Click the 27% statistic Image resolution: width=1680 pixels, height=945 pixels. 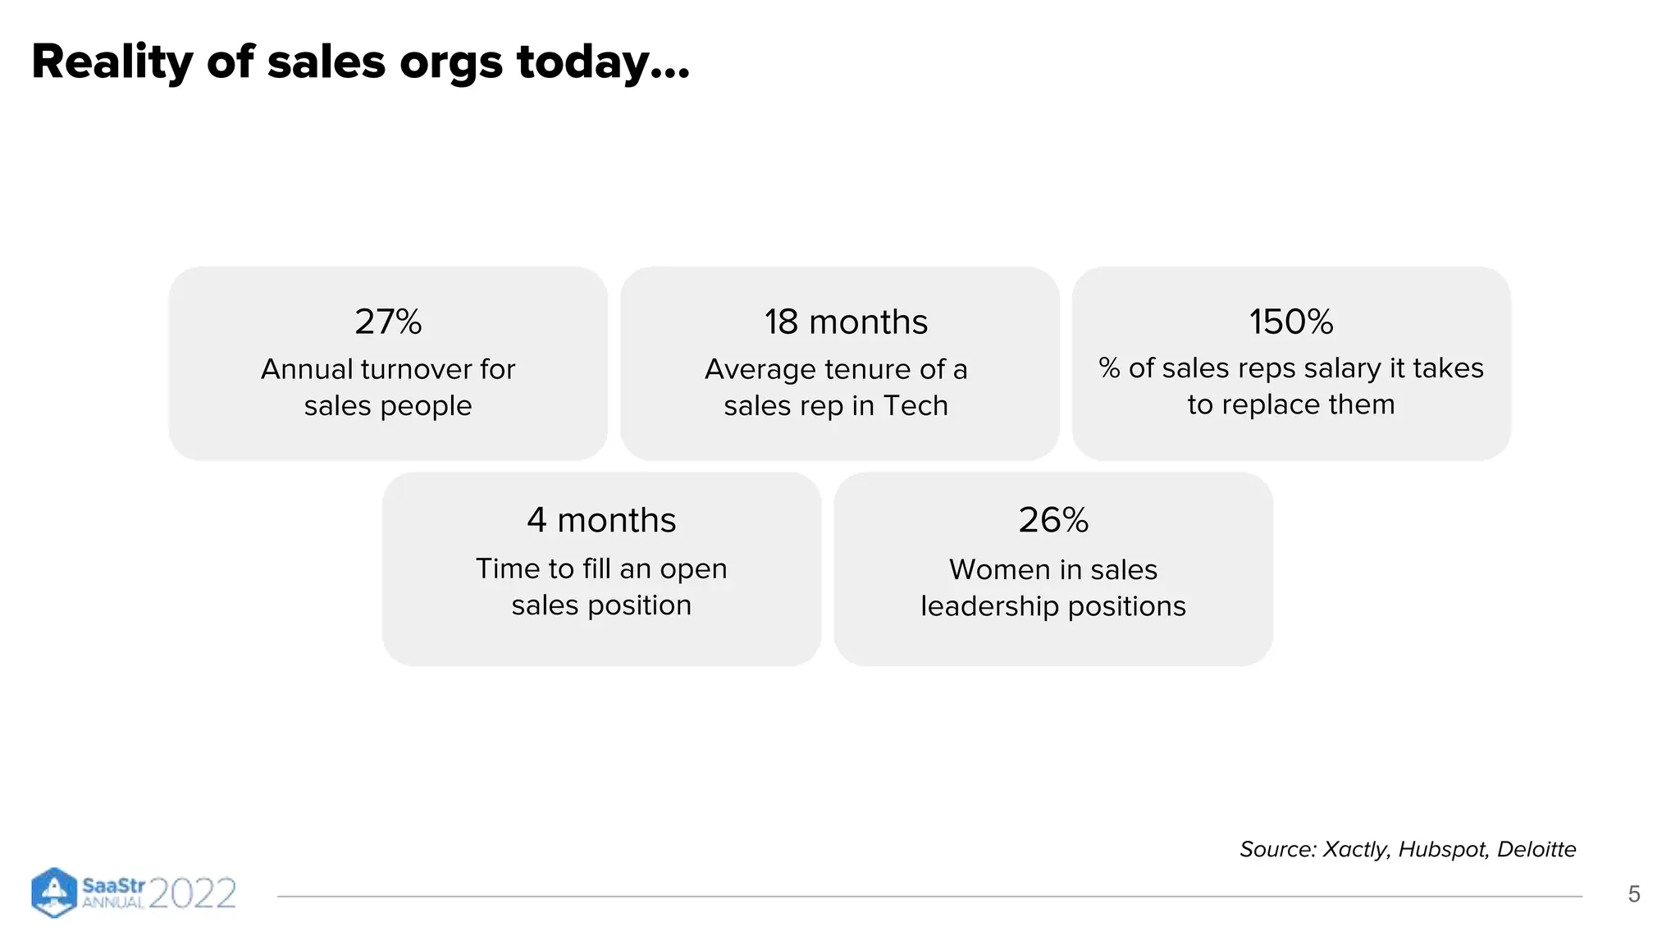[388, 322]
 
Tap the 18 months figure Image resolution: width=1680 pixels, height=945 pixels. [846, 322]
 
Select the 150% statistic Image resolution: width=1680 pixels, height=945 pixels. [1291, 322]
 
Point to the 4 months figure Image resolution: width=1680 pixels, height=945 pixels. [601, 520]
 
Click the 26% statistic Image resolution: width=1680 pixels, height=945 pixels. [1053, 520]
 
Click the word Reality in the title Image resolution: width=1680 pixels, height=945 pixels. [112, 62]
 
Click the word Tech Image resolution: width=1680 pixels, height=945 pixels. [916, 405]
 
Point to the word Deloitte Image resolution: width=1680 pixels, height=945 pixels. [1536, 849]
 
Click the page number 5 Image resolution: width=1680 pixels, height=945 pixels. [1633, 894]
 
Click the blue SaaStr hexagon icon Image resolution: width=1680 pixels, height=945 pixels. [53, 892]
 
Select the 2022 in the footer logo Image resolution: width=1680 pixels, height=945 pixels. [193, 893]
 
